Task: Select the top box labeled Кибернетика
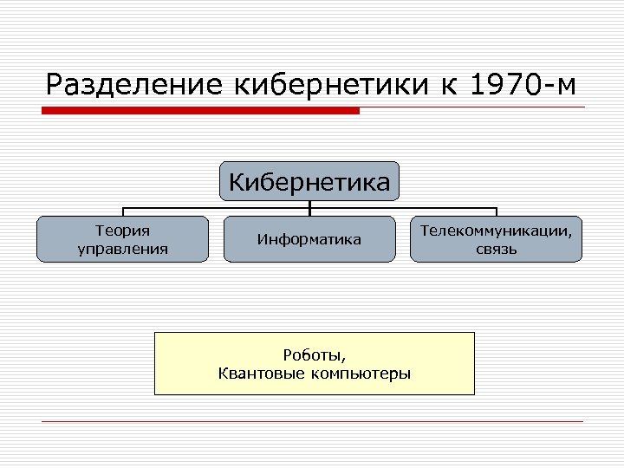pos(309,181)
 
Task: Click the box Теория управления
pos(122,239)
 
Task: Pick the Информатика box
pos(309,239)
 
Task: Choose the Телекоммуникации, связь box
pos(496,239)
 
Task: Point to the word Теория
pos(122,231)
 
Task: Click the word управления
pos(122,249)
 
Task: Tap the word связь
pos(496,250)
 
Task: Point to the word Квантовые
pos(261,374)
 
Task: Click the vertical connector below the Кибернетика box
pos(309,206)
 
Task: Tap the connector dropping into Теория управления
pos(122,212)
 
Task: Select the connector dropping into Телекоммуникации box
pos(496,212)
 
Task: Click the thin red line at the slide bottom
pos(312,422)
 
